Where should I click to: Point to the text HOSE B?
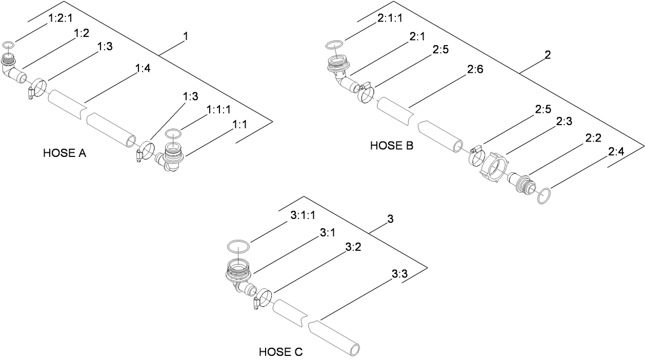pos(392,146)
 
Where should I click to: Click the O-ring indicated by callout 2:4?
pos(545,196)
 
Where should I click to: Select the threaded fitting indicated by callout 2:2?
pos(522,184)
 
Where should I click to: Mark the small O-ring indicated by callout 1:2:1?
pos(8,46)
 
